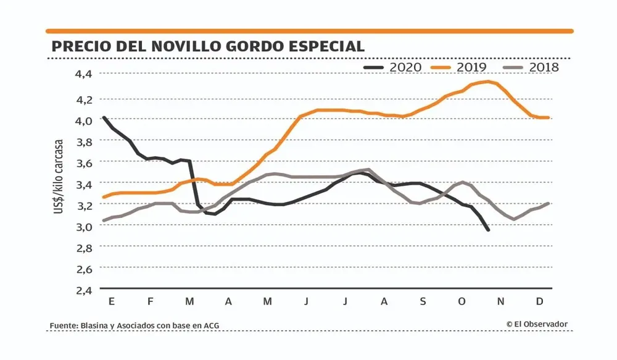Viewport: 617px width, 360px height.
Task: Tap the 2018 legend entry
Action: pyautogui.click(x=531, y=67)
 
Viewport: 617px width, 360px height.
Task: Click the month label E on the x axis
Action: pyautogui.click(x=112, y=302)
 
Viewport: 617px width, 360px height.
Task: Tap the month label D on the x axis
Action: pyautogui.click(x=539, y=302)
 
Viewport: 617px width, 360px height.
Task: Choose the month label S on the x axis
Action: pyautogui.click(x=423, y=302)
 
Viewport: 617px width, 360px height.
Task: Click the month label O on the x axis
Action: pyautogui.click(x=462, y=302)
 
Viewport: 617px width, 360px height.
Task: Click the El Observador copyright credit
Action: pyautogui.click(x=537, y=324)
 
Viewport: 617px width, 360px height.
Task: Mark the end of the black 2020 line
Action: pyautogui.click(x=488, y=230)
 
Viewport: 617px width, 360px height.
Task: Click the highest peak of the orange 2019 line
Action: pyautogui.click(x=488, y=82)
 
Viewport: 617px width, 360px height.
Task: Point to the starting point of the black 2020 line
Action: pyautogui.click(x=104, y=117)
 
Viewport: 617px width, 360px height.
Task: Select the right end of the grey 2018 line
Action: pyautogui.click(x=548, y=203)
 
